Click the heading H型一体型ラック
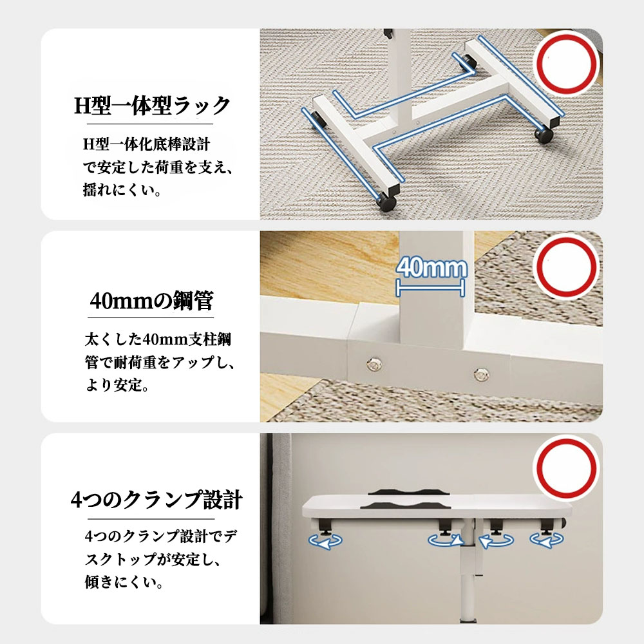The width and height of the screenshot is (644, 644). click(152, 106)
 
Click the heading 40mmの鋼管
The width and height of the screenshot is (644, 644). click(151, 300)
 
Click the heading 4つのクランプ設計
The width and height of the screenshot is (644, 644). click(156, 500)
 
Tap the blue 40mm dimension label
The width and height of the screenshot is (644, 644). click(431, 267)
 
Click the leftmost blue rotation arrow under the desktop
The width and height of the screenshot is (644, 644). click(325, 542)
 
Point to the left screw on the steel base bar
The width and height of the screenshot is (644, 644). click(374, 364)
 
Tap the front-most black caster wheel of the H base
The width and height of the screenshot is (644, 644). click(386, 202)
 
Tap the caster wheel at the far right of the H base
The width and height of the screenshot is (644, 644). click(544, 135)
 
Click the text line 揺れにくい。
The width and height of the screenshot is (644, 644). click(122, 190)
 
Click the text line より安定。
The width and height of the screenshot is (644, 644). click(117, 385)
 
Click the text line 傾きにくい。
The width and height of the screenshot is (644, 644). click(124, 582)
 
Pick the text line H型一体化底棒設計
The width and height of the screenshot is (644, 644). click(147, 144)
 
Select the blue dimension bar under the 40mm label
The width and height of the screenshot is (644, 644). click(430, 288)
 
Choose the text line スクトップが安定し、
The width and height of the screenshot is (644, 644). click(153, 559)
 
